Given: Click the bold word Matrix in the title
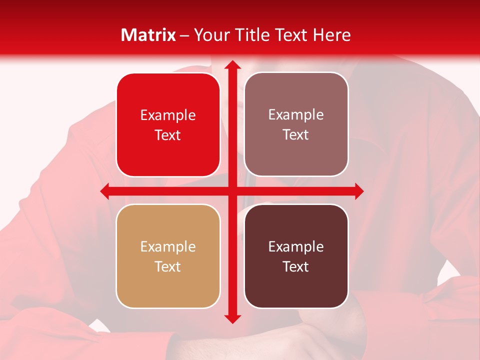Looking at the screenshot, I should pos(148,35).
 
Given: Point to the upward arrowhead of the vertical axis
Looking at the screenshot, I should pos(232,65).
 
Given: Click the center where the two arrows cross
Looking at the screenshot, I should pos(232,191).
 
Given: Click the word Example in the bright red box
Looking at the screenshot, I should pos(168,115).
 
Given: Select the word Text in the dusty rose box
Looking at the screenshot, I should pos(296,135).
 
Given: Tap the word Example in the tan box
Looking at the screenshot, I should pos(168,246).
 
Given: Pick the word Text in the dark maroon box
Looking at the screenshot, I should pos(296,266).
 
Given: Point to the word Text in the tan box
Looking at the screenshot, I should pos(168,266).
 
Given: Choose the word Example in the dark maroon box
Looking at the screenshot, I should pos(296,246).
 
